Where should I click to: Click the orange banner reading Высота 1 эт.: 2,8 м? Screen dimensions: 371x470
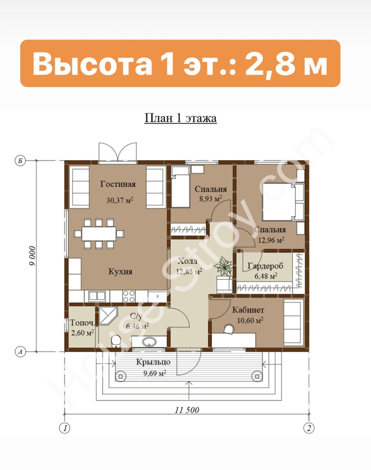(x=180, y=63)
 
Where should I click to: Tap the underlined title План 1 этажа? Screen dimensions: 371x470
(x=181, y=118)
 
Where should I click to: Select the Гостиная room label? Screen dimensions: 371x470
(x=118, y=184)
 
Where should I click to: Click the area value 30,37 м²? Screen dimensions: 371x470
(x=120, y=200)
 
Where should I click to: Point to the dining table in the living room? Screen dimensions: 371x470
(x=99, y=234)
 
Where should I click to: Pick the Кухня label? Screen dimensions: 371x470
(x=120, y=272)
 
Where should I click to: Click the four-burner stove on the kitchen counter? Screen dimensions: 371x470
(x=129, y=296)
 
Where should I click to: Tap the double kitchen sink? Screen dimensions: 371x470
(x=97, y=296)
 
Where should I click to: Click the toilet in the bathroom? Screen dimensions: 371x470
(x=116, y=341)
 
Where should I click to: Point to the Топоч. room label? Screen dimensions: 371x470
(x=83, y=323)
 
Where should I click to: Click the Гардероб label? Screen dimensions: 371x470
(x=266, y=266)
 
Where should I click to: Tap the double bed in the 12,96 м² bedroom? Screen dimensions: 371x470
(x=283, y=202)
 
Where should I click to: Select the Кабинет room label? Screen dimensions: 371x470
(x=248, y=310)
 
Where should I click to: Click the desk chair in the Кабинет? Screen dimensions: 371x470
(x=229, y=329)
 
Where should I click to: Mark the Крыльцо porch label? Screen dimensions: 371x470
(x=154, y=362)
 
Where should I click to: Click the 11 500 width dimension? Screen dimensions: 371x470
(x=187, y=410)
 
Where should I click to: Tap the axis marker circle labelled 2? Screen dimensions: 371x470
(x=309, y=428)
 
